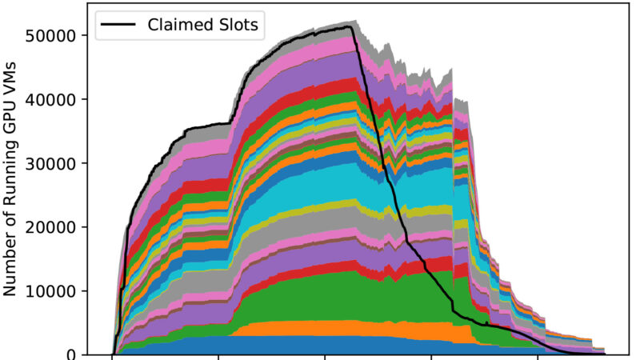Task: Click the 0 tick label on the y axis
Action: coord(74,354)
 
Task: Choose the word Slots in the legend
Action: coord(235,25)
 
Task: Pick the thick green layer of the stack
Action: coord(320,296)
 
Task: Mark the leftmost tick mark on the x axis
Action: coord(112,358)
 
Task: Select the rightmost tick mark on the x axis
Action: coord(538,358)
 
